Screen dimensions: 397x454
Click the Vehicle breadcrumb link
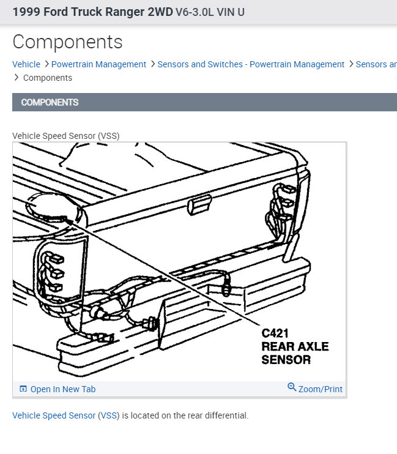tap(26, 64)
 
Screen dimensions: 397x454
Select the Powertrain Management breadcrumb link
tap(98, 64)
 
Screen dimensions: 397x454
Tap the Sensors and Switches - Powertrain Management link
tap(251, 64)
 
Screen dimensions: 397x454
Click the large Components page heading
tap(67, 42)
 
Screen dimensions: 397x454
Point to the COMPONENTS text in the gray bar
tap(50, 102)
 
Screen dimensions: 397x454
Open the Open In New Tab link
tap(63, 389)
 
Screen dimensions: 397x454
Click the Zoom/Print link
tap(321, 389)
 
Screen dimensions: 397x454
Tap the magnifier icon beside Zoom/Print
tap(292, 387)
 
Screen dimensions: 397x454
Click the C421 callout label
tap(275, 333)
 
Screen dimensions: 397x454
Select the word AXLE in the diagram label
tap(313, 346)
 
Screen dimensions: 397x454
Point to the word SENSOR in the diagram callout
tap(286, 360)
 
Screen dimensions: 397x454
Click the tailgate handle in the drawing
tap(199, 204)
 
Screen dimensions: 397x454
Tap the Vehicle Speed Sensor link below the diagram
tap(54, 415)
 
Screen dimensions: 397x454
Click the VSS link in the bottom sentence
tap(109, 415)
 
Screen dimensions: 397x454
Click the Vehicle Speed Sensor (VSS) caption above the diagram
tap(66, 136)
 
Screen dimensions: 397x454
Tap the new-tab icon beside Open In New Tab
tap(23, 389)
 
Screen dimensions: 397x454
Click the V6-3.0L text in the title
tap(195, 12)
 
